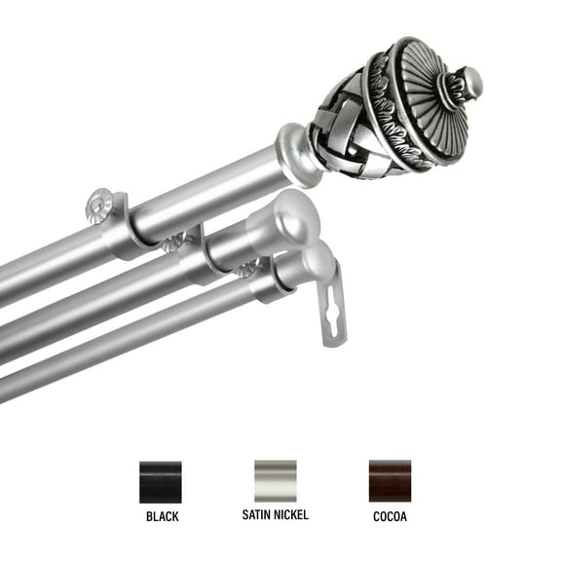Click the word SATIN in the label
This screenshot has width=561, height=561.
(x=256, y=514)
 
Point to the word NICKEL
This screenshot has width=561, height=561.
(x=291, y=514)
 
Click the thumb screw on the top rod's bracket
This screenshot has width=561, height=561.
(x=99, y=204)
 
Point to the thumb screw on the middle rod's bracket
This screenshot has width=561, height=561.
(x=175, y=241)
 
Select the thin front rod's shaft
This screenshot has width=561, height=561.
(x=117, y=341)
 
